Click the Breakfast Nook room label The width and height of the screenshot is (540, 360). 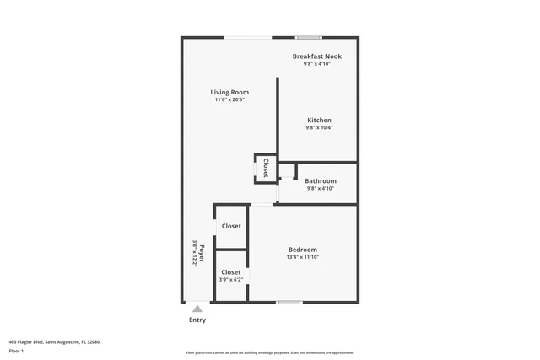coord(317,56)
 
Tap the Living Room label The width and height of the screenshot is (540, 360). coord(229,92)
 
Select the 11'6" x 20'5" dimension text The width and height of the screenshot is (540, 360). coord(229,100)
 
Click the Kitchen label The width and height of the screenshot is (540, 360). coord(318,121)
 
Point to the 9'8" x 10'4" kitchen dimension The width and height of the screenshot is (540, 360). coord(318,128)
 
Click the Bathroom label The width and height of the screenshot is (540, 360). coord(321,181)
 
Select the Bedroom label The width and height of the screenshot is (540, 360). coord(302,250)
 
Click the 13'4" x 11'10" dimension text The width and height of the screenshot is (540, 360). coord(302,257)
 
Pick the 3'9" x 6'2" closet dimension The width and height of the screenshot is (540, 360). coord(231,280)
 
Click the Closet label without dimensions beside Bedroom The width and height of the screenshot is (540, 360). coord(231,226)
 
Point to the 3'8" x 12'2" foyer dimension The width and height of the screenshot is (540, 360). coord(194,254)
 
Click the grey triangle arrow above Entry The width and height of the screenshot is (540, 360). coord(197,309)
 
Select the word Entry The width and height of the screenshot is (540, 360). coord(197,320)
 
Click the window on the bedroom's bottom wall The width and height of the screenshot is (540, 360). coord(289,302)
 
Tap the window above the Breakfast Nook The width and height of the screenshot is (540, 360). coord(309,37)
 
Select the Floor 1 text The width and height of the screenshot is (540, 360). coord(17,350)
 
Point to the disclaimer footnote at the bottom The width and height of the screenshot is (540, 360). coord(270,352)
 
